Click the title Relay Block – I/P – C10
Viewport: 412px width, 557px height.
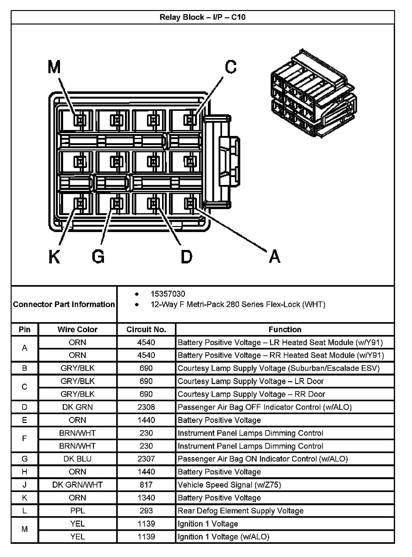point(203,17)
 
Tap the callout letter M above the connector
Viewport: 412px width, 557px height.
point(54,67)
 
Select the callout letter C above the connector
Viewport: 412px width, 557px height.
point(230,67)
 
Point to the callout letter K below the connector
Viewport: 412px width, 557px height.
point(54,257)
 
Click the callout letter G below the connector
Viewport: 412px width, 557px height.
point(98,257)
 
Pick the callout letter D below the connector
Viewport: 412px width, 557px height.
point(186,257)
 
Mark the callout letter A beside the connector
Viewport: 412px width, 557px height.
point(274,257)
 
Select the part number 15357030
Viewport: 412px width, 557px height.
point(168,294)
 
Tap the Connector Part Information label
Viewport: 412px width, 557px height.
point(64,304)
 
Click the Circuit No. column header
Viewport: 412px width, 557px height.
point(146,329)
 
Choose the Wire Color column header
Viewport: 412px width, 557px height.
point(77,329)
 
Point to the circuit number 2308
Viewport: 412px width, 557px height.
point(146,407)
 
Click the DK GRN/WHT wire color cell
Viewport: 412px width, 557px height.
point(77,485)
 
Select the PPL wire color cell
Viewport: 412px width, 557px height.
point(77,511)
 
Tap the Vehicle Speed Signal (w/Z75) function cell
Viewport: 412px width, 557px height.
point(229,485)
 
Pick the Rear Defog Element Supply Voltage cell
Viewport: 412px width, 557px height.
point(241,511)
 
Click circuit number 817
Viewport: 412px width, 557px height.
point(146,485)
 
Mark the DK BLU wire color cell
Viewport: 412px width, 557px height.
point(77,459)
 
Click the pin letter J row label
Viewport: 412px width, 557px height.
point(24,485)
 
